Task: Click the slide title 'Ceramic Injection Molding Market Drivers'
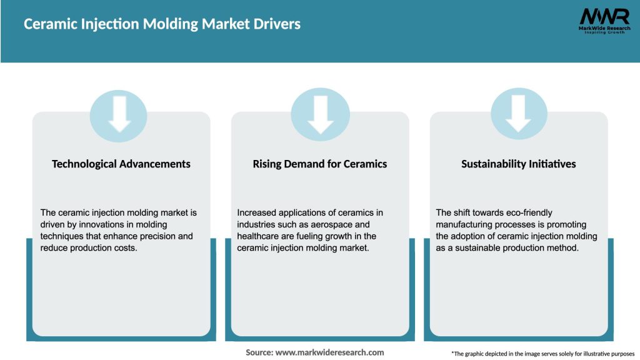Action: click(162, 24)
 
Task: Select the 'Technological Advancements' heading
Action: click(121, 164)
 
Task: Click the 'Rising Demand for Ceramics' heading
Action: click(320, 164)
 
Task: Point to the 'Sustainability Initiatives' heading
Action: click(519, 164)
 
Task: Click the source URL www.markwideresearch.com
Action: click(329, 352)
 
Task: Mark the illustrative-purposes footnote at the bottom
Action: click(542, 354)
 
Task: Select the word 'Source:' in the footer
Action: click(259, 352)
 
